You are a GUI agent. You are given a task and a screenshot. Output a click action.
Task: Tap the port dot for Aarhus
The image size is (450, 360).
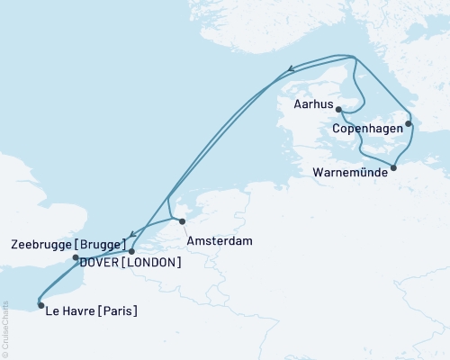(338, 109)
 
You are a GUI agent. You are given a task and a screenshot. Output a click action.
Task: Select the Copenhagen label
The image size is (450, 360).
(368, 129)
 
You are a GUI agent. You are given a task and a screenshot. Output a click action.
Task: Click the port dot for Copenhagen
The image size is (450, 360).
(408, 124)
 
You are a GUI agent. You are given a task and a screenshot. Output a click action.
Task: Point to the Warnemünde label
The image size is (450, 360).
(352, 171)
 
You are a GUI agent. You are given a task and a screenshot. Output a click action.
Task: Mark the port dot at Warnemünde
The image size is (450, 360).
(393, 167)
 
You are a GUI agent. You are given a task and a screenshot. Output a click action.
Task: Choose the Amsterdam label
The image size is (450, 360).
(220, 241)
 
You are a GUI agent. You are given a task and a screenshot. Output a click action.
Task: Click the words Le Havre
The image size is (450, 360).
(73, 312)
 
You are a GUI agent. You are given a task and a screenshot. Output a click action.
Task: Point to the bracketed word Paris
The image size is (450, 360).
(119, 312)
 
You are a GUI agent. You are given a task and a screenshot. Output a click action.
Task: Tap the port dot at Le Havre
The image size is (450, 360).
(41, 304)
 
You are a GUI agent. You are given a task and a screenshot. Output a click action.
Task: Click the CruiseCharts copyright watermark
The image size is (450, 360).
(6, 329)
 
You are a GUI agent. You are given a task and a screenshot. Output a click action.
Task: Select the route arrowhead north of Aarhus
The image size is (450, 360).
(290, 68)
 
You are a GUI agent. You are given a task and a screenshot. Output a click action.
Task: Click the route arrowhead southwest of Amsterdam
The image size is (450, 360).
(134, 232)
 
